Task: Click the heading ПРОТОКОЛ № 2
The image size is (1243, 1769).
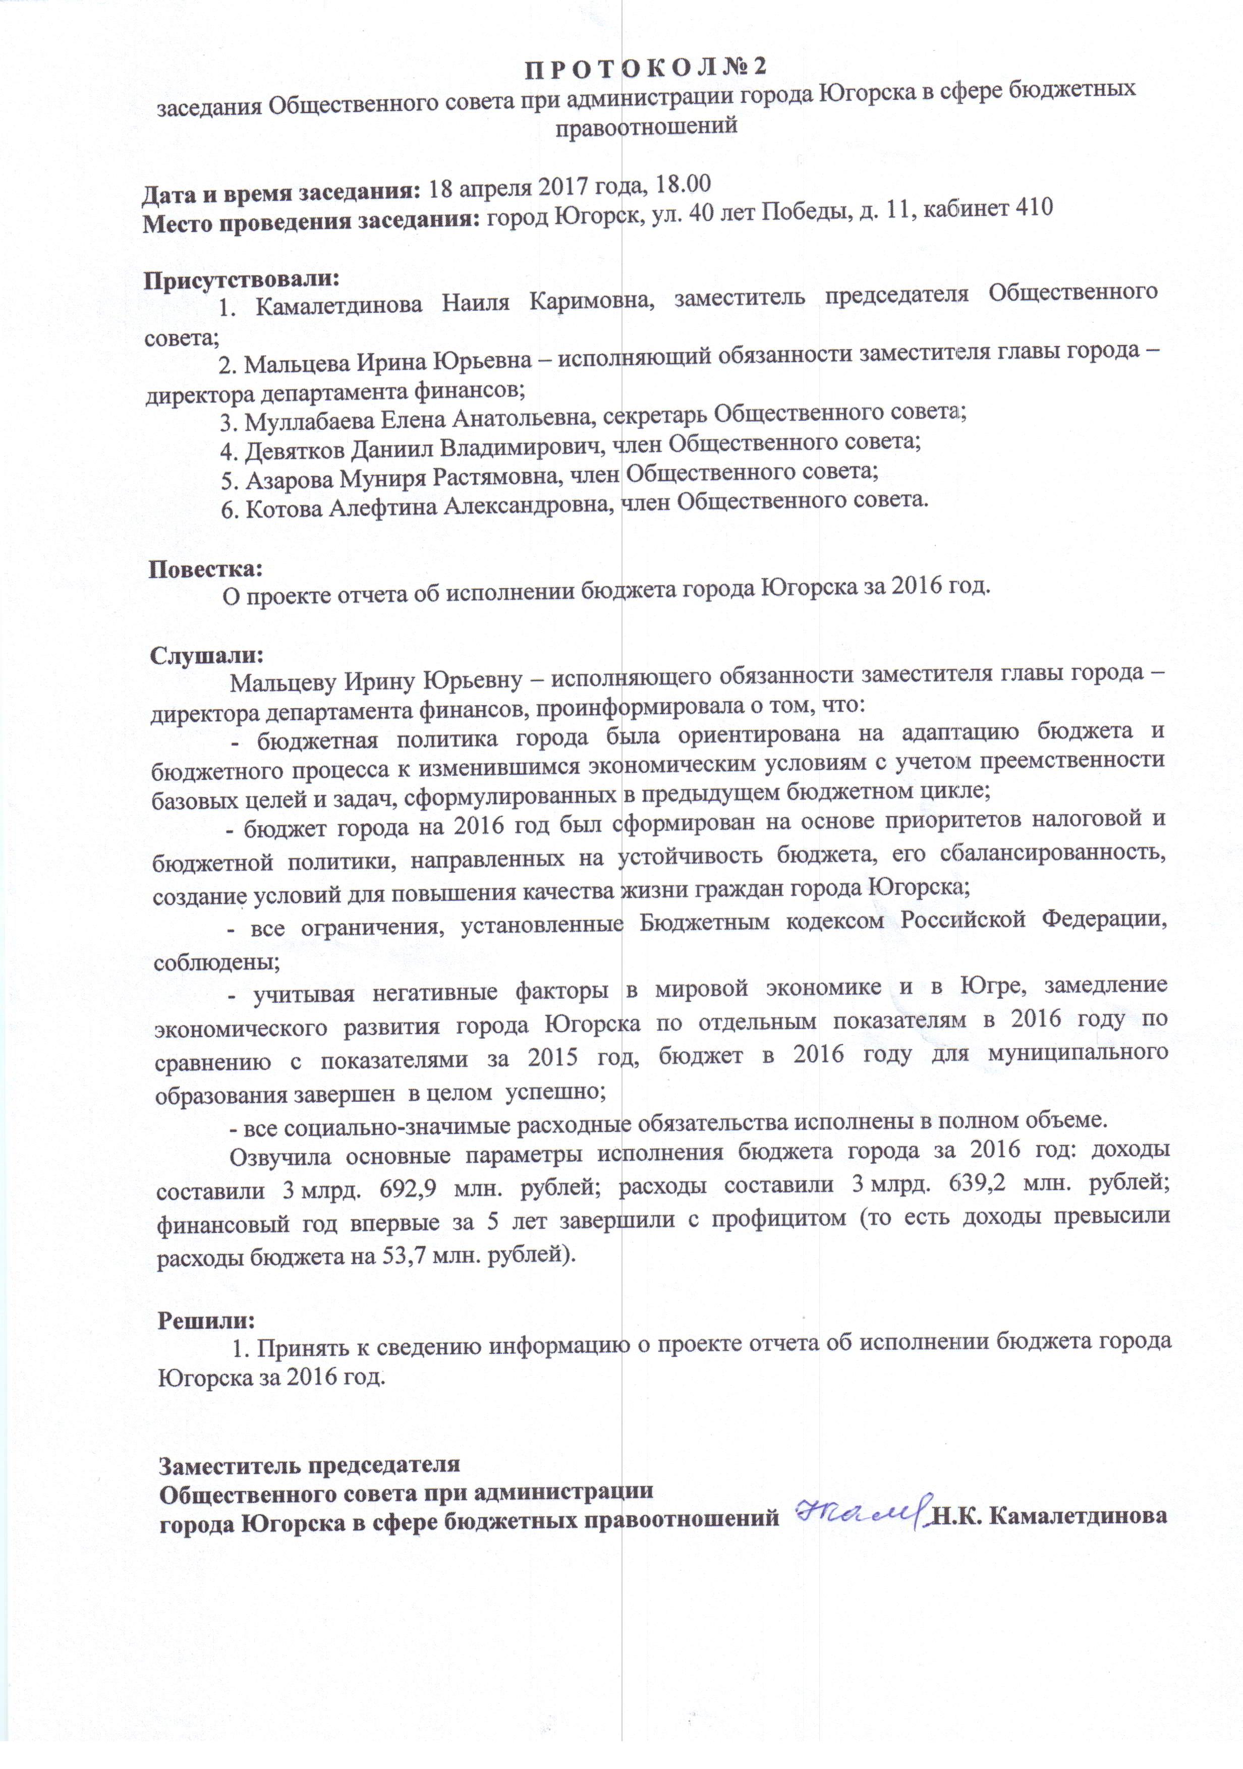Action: [646, 68]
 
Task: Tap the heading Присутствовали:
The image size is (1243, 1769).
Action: [241, 278]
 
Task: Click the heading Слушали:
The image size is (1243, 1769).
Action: [206, 656]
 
